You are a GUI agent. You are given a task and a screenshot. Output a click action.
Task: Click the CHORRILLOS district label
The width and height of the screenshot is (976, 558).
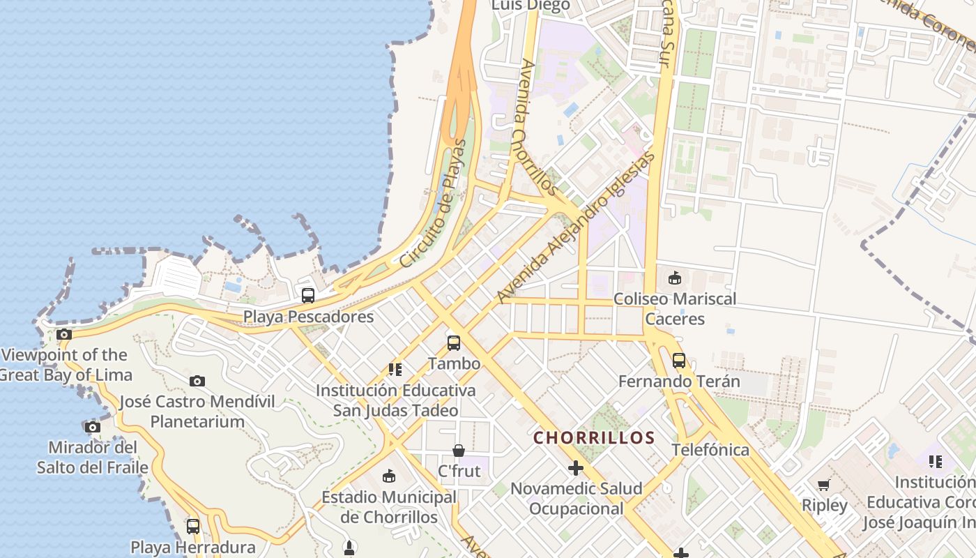coord(594,438)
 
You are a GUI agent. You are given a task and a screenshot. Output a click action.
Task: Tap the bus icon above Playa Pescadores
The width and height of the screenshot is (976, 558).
coord(308,295)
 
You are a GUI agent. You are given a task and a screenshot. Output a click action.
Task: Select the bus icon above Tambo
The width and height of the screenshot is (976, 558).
coord(454,342)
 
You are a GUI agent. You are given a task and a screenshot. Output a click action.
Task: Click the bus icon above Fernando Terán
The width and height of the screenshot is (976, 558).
coord(679,361)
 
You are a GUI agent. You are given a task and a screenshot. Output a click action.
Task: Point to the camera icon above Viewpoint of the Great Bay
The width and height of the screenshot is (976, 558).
coord(64,335)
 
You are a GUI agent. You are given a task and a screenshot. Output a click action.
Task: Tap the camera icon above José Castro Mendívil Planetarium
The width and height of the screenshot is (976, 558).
coord(197,381)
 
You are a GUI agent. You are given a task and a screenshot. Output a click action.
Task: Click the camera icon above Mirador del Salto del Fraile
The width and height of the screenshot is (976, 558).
coord(92,427)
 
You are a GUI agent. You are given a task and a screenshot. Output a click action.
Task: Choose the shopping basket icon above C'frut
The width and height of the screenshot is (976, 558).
coord(459,451)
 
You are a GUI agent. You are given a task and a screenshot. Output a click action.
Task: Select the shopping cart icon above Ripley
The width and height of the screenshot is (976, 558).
coord(824,485)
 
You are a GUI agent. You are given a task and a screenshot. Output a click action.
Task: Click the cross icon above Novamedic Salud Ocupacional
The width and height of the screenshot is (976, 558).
coord(576,467)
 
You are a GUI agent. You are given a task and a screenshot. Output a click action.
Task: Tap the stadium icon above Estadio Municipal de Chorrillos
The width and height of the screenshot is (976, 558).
coord(389,476)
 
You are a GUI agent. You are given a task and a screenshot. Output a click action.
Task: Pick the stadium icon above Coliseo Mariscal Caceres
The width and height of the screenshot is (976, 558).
coord(674,278)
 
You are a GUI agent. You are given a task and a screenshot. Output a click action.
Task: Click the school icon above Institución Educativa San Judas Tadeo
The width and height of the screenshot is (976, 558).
coord(395,369)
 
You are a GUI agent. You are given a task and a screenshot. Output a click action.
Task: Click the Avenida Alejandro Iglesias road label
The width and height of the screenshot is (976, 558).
coord(577,227)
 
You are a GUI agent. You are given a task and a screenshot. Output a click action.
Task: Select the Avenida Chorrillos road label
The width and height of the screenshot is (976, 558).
coord(537,128)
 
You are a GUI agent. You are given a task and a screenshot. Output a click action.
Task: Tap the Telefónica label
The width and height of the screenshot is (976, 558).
coord(710,450)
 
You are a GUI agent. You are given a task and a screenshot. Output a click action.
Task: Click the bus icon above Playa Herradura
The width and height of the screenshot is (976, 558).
coord(193,526)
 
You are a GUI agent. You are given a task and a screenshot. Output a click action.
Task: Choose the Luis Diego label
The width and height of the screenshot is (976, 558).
coord(531,6)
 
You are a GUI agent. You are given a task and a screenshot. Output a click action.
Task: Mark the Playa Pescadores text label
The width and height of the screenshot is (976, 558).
coord(308,317)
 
